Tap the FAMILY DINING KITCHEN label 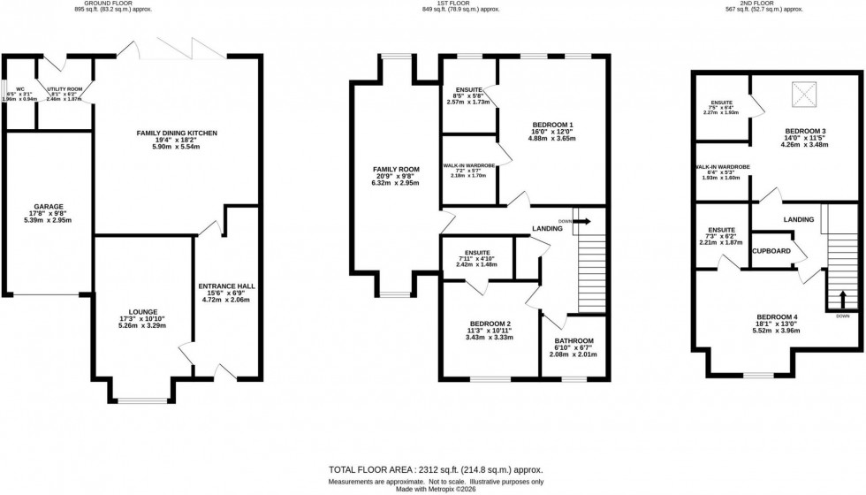(x=177, y=133)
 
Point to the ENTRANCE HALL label (x=228, y=286)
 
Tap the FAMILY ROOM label (x=396, y=167)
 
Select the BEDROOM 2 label (x=490, y=324)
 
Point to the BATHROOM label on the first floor (x=574, y=341)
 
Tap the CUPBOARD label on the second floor (x=771, y=251)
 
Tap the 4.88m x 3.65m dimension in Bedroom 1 (x=553, y=139)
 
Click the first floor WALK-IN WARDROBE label (x=468, y=167)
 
